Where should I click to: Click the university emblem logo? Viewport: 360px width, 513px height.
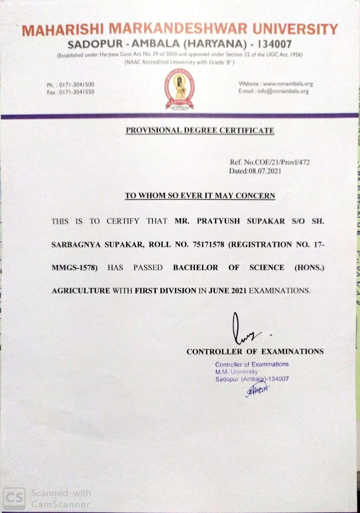[x=180, y=89]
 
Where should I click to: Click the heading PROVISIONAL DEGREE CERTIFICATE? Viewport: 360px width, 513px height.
[x=200, y=131]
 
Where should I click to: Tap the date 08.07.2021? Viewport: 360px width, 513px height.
[x=267, y=171]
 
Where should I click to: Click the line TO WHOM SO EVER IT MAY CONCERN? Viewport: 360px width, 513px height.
[x=200, y=196]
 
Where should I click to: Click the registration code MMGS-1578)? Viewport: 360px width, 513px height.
[x=75, y=268]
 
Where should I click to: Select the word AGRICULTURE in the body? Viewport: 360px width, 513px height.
[x=80, y=291]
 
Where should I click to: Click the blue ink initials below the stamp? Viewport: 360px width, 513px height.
[x=257, y=389]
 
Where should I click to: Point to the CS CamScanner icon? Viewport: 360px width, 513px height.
[x=14, y=498]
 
